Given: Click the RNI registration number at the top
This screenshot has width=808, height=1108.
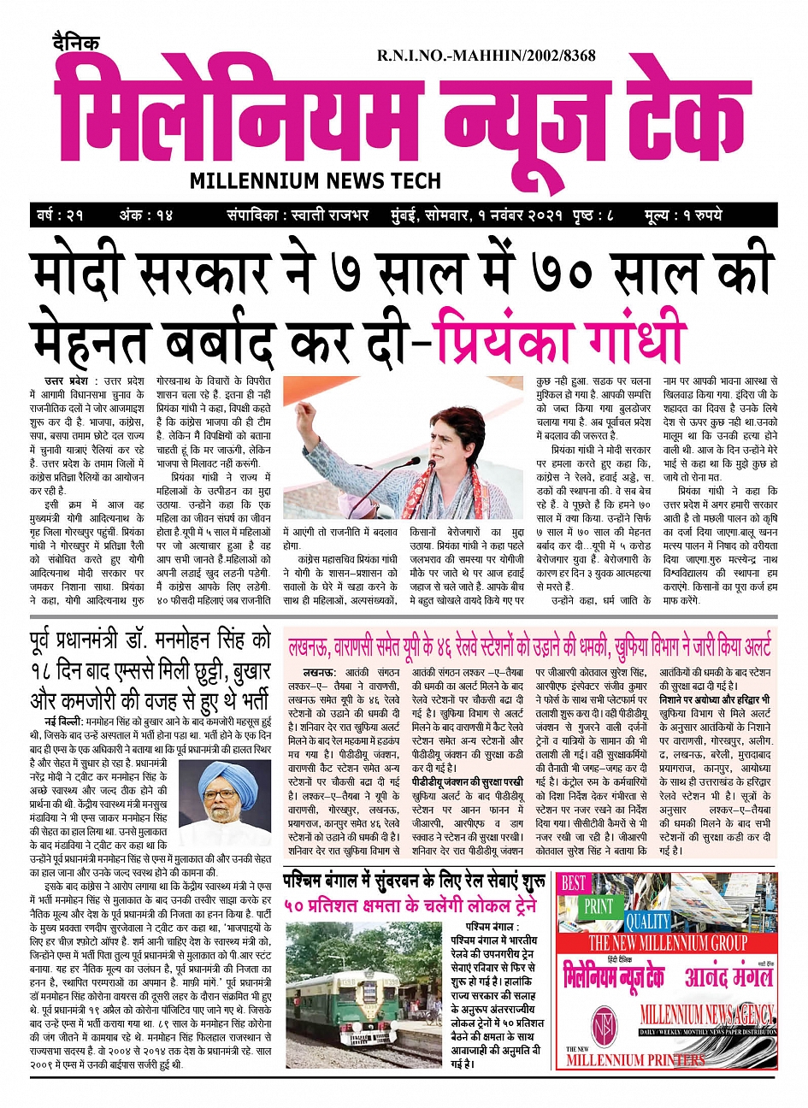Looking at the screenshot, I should point(486,56).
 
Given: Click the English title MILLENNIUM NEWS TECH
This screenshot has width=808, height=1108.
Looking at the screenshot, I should point(316,180).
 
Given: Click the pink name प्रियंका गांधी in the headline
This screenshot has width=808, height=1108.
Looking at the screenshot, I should point(560,339).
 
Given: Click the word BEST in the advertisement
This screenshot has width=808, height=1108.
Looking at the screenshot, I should point(574,883).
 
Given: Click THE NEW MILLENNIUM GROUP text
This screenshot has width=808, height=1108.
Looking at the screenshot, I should point(667,943).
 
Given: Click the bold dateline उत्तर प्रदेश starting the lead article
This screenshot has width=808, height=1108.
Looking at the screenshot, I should point(71,380).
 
